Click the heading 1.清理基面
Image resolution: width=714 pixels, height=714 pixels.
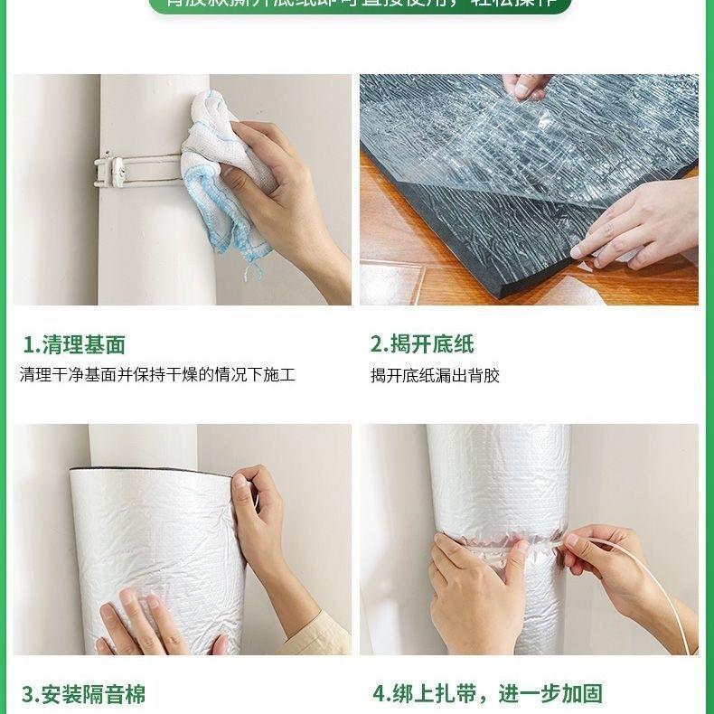click(x=74, y=344)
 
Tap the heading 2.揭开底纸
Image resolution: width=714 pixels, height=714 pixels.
click(x=422, y=344)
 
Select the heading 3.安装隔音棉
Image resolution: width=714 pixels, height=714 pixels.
click(x=83, y=694)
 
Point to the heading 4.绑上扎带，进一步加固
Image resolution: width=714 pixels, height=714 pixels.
click(x=487, y=694)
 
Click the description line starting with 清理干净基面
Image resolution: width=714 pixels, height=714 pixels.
click(x=157, y=374)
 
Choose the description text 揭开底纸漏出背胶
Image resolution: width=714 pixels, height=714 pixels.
click(x=435, y=375)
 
